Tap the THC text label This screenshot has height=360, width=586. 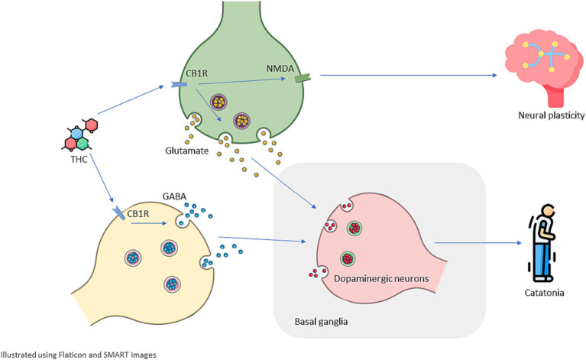[78, 160]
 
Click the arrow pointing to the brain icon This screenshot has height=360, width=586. [409, 75]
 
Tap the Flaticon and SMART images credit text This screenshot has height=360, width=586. [78, 354]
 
